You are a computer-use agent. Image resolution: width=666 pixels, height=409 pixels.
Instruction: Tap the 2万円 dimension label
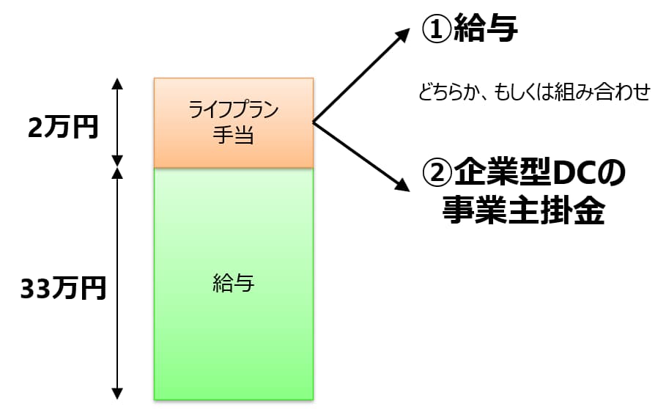pyautogui.click(x=63, y=128)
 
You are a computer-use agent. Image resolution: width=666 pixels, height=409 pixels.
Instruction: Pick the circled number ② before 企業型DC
pyautogui.click(x=437, y=174)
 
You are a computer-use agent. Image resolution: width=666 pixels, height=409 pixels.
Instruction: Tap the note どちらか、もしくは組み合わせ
pyautogui.click(x=534, y=94)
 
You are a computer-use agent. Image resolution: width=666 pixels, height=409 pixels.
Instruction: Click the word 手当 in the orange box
pyautogui.click(x=234, y=136)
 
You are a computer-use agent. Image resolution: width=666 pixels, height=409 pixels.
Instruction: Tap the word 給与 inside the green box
pyautogui.click(x=234, y=283)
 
